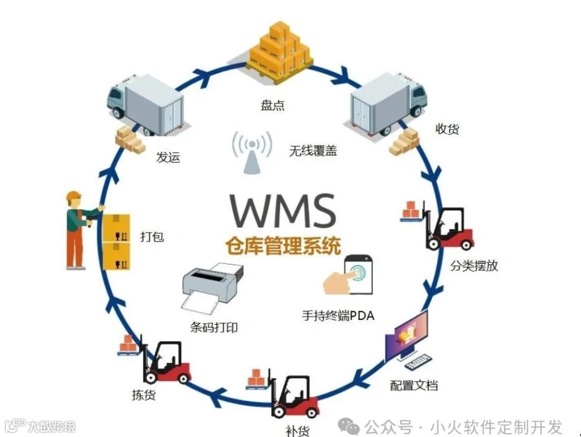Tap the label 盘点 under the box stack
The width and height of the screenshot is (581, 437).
tap(272, 105)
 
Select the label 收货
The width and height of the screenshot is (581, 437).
tap(447, 129)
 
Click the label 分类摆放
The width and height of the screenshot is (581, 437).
tap(474, 265)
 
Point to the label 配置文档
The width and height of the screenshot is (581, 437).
tap(414, 385)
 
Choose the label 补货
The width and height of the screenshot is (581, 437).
tap(297, 430)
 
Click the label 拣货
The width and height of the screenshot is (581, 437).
tap(144, 395)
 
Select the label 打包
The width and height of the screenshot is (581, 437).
tap(152, 236)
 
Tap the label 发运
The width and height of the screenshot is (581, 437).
tap(168, 157)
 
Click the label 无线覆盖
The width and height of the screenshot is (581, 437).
tap(313, 151)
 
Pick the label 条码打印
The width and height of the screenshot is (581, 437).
tap(214, 327)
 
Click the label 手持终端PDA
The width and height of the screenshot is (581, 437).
tap(337, 316)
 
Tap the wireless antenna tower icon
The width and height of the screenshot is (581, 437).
tap(251, 153)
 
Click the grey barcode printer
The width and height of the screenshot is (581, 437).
tap(212, 285)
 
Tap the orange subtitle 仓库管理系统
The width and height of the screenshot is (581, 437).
tap(283, 245)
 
